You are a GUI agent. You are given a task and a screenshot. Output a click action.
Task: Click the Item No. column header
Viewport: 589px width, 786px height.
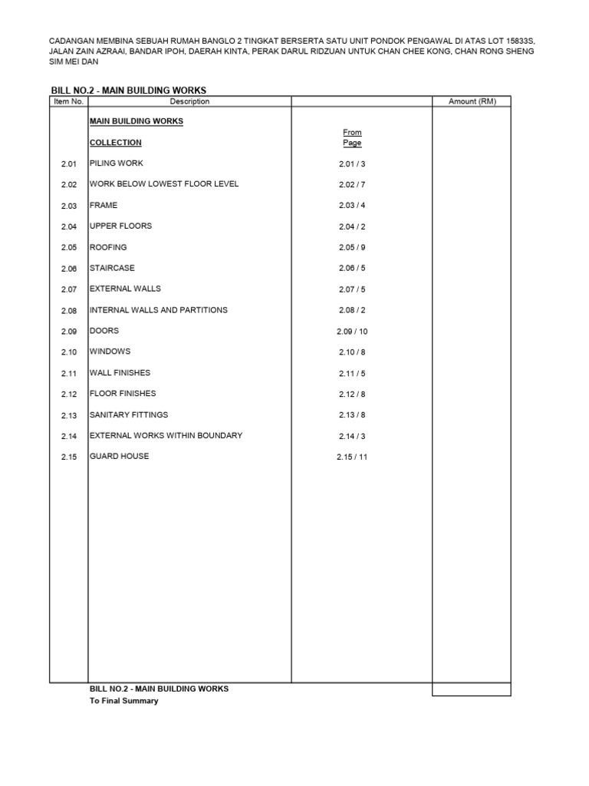click(69, 101)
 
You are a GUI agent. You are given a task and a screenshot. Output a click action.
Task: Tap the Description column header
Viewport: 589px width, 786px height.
click(189, 101)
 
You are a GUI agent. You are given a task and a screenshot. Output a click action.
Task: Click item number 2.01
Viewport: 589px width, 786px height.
click(69, 164)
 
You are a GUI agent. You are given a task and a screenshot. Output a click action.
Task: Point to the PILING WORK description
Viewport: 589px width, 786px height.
click(117, 163)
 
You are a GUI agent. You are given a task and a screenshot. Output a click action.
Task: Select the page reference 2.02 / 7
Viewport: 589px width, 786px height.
click(352, 185)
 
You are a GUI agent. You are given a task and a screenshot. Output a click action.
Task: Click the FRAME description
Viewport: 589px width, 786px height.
click(104, 206)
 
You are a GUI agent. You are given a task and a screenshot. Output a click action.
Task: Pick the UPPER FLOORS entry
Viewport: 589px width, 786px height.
click(121, 226)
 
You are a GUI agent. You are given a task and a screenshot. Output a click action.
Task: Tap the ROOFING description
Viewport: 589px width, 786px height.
click(108, 247)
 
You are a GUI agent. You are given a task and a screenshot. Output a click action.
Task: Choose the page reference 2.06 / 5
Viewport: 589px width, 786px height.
click(352, 269)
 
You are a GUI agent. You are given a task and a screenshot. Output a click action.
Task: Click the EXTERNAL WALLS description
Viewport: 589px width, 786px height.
click(126, 289)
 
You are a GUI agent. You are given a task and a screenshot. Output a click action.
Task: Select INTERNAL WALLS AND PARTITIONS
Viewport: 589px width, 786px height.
click(159, 310)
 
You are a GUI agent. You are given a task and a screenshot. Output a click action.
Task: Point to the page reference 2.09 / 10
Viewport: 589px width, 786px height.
click(352, 332)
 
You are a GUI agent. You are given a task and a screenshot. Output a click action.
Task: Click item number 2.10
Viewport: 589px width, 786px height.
click(69, 352)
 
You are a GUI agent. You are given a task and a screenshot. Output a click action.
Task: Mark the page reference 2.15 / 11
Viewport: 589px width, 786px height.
click(352, 457)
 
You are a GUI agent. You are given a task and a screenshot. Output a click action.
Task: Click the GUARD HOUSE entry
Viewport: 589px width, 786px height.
click(120, 456)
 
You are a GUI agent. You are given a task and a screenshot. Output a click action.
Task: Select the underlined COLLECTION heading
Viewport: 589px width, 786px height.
click(116, 143)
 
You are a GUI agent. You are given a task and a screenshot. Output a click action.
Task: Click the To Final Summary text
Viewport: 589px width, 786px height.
click(124, 701)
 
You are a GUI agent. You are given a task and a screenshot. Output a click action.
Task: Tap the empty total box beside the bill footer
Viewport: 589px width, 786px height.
click(471, 689)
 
